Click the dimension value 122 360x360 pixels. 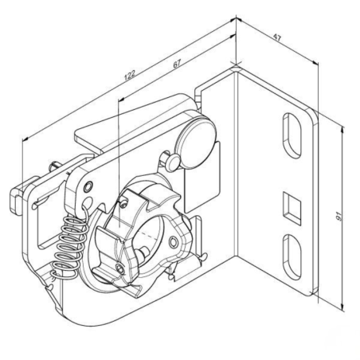click(x=130, y=75)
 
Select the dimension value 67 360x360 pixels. click(x=177, y=64)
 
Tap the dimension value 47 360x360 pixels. click(x=277, y=37)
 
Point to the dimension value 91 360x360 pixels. click(x=338, y=217)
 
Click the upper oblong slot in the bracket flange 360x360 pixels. click(x=292, y=135)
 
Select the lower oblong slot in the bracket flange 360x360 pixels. click(x=292, y=257)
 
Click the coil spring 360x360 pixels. click(x=69, y=245)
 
